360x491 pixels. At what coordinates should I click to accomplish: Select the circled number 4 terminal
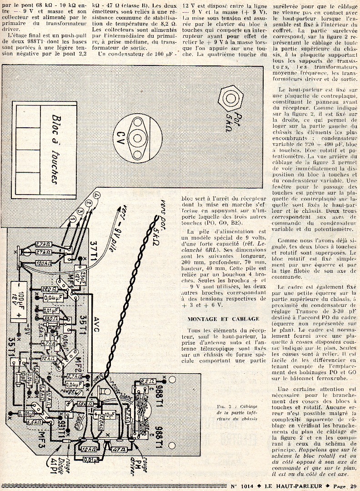point(96,195)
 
